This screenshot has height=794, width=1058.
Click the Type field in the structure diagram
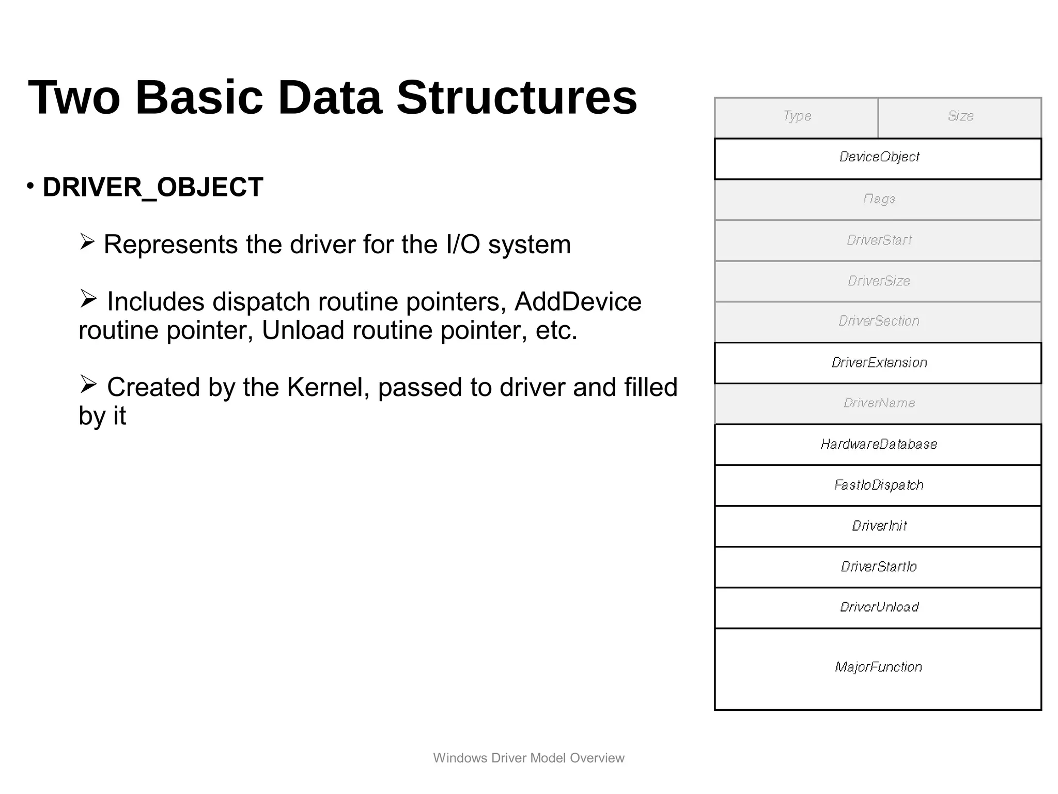(797, 117)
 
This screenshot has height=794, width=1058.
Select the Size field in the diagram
(960, 117)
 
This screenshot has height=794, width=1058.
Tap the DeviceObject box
(878, 157)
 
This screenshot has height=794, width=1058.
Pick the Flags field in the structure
(878, 199)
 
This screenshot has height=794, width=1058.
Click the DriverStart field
(878, 240)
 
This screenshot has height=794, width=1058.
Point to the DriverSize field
(878, 281)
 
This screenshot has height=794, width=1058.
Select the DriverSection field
(878, 321)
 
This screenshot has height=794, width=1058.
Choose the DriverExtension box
(878, 362)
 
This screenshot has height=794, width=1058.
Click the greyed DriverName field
(878, 403)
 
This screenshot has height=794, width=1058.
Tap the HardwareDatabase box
(878, 444)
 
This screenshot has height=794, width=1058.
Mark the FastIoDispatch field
(878, 485)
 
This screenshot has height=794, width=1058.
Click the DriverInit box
(878, 526)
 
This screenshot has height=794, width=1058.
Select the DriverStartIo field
(878, 567)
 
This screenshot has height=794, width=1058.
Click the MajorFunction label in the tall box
(878, 667)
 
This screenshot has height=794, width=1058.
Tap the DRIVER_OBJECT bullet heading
(153, 187)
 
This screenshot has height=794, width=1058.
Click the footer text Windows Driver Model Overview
(528, 758)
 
